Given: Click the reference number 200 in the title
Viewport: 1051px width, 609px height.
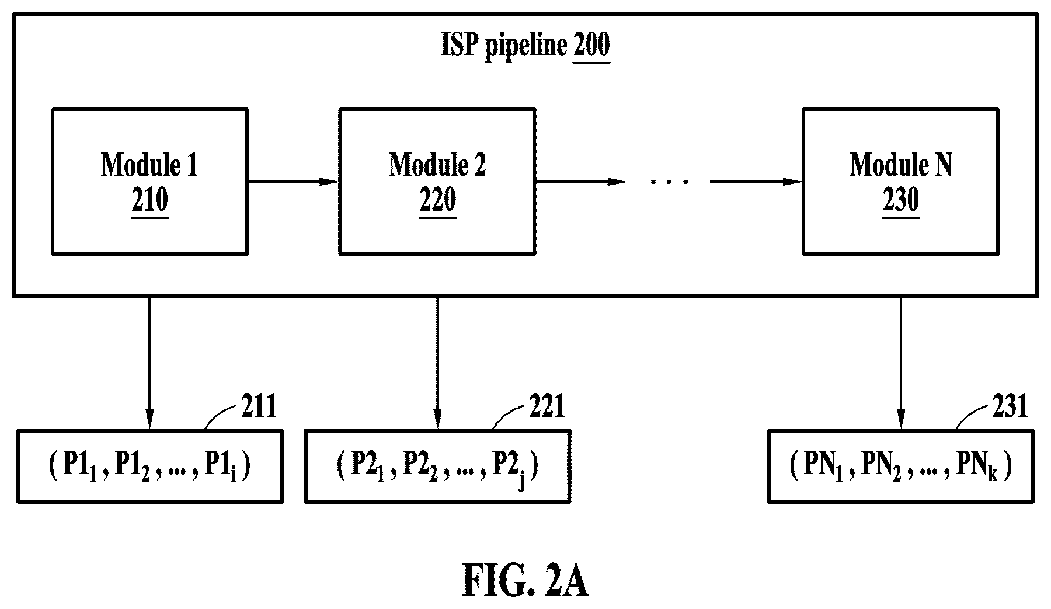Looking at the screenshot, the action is point(591,46).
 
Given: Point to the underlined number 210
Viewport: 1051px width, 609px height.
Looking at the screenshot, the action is point(150,201).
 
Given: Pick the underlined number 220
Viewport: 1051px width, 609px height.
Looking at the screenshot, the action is point(438,201).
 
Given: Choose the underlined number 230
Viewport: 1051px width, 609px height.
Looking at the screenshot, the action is point(901,201).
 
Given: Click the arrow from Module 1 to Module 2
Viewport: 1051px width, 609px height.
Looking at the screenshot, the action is point(293,182).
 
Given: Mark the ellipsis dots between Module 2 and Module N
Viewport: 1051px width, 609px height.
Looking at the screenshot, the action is point(670,182).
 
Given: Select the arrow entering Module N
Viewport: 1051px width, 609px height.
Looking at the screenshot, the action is point(756,182).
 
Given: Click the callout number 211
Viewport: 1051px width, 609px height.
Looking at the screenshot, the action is point(259,406).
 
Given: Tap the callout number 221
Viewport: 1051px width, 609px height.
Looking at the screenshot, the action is point(547,406).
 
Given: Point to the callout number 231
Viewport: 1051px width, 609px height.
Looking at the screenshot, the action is point(1010,406).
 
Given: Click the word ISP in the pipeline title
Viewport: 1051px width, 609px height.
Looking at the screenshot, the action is point(460,46).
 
